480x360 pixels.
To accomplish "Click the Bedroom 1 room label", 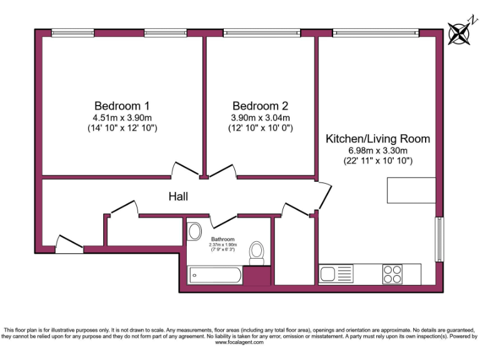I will click(122, 105).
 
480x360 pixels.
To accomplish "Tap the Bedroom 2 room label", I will click(261, 105).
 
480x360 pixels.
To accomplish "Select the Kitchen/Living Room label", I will click(377, 139).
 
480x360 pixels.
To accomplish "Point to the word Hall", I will click(178, 197).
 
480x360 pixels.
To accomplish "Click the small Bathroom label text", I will click(222, 239).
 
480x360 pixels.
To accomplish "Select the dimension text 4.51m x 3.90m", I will click(122, 117).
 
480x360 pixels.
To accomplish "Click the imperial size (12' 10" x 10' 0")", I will click(261, 128).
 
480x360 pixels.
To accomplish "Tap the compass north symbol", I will click(459, 32).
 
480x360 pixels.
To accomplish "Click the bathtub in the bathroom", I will click(214, 274).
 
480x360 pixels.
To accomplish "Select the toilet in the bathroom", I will click(256, 252).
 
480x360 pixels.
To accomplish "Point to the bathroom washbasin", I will click(194, 231).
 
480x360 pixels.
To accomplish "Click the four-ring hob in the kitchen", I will click(392, 274).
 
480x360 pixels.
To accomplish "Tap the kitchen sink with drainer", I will click(336, 274).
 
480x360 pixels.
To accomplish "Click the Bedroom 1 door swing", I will click(186, 169).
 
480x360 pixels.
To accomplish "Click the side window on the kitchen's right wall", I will click(440, 239).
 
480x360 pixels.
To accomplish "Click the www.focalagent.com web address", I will click(240, 342).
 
